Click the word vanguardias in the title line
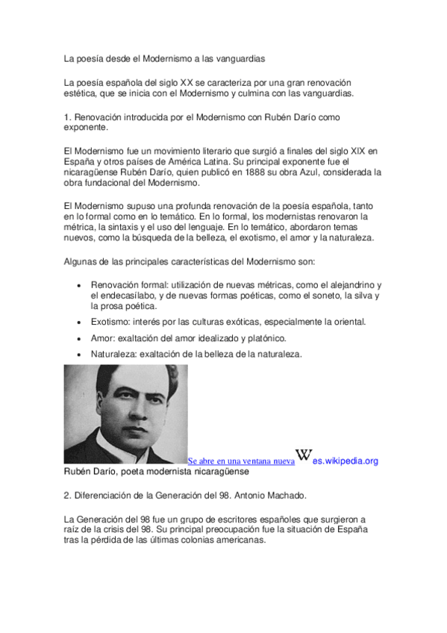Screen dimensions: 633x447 pos(240,57)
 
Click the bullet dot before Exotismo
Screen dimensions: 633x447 pos(80,322)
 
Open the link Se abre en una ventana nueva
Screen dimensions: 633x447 pos(241,461)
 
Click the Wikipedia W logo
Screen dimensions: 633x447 pos(304,455)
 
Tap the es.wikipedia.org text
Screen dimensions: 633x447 pos(346,461)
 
